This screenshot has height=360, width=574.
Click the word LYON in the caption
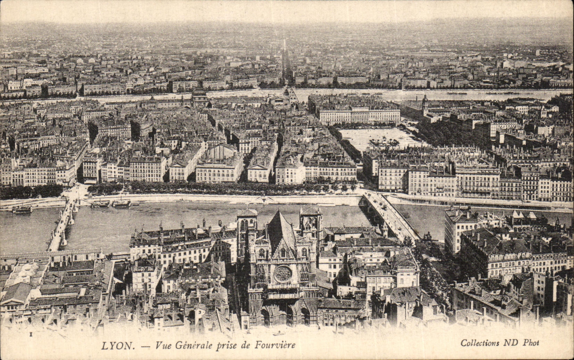(118, 346)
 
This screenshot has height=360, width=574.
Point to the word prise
(228, 345)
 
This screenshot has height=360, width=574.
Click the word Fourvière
(275, 345)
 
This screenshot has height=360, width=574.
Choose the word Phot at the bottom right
(531, 343)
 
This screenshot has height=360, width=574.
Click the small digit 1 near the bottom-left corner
(31, 334)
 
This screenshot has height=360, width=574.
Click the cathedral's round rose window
(283, 274)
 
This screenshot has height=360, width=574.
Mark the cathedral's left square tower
(247, 229)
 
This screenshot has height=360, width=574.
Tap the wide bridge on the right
(391, 215)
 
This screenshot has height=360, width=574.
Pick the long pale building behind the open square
(359, 116)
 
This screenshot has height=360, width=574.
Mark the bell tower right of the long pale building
(425, 105)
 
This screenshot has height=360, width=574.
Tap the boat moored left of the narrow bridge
(22, 209)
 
